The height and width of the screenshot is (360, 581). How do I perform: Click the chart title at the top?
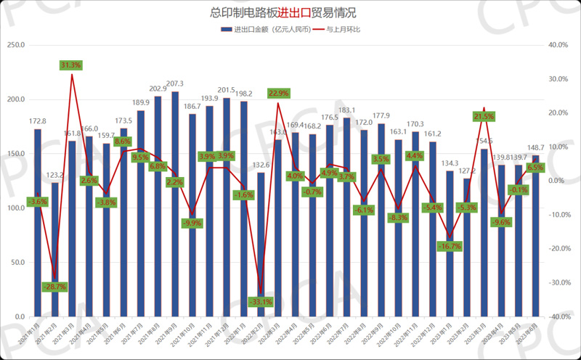290,13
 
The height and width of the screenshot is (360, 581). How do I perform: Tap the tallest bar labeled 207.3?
175,203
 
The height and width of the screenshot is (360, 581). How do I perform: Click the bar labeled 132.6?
261,244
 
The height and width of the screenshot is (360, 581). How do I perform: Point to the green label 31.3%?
71,65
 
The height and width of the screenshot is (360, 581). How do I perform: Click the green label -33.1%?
261,301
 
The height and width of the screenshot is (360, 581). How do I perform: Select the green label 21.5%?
484,116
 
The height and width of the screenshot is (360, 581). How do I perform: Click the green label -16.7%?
450,247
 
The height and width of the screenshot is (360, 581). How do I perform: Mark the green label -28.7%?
55,287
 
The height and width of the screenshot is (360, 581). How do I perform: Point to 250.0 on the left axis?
16,45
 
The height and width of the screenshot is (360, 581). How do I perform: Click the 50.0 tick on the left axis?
17,263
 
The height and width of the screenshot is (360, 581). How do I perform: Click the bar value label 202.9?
158,89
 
